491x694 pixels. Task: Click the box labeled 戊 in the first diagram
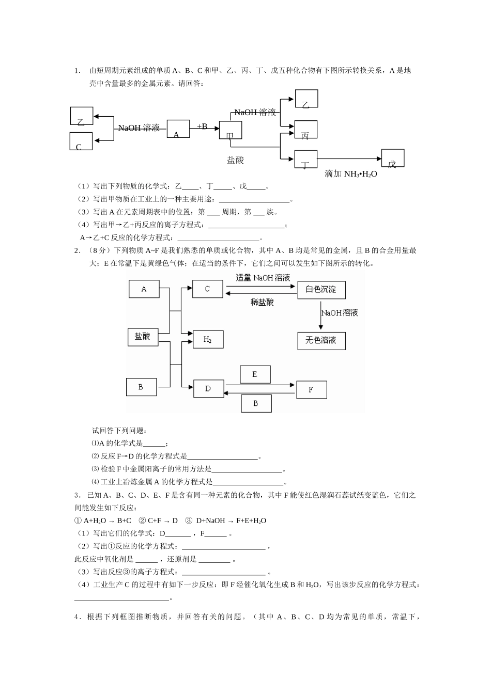coord(393,158)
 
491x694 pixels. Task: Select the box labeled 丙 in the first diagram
coord(305,130)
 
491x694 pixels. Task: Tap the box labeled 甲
coord(230,131)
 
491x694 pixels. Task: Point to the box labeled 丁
coord(305,159)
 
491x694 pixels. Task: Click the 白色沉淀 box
coord(321,290)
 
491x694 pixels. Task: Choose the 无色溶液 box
coord(321,341)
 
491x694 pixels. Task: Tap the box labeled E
coord(255,375)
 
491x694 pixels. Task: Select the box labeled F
coord(311,390)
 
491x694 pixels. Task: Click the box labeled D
coord(208,389)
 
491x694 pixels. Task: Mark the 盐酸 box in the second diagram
coord(142,337)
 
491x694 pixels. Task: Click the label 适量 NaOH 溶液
coord(263,278)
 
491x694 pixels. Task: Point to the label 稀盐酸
coord(262,302)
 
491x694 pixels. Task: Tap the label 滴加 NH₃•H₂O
coord(351,174)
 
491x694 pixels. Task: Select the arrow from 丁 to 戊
coord(349,159)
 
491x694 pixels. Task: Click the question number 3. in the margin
coord(77,495)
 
